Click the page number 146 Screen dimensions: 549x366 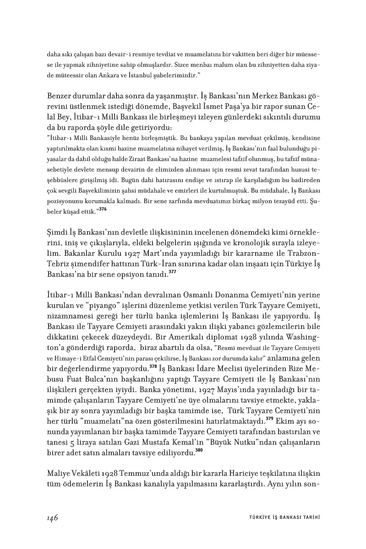(52, 517)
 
